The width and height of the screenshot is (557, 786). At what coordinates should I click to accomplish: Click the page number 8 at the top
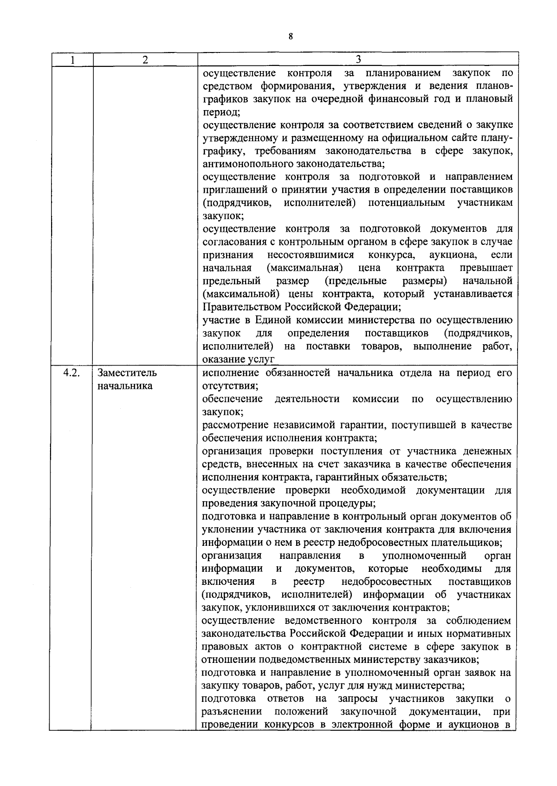coord(291,37)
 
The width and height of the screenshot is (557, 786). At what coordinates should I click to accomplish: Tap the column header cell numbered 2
coord(145,59)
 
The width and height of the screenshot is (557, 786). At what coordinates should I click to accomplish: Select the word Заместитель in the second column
coord(127,373)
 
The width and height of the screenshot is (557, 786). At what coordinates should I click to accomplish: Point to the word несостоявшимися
coord(311,255)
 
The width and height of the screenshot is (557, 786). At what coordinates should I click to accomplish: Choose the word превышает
coord(486,268)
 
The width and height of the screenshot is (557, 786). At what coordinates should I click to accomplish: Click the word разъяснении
coord(232,712)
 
